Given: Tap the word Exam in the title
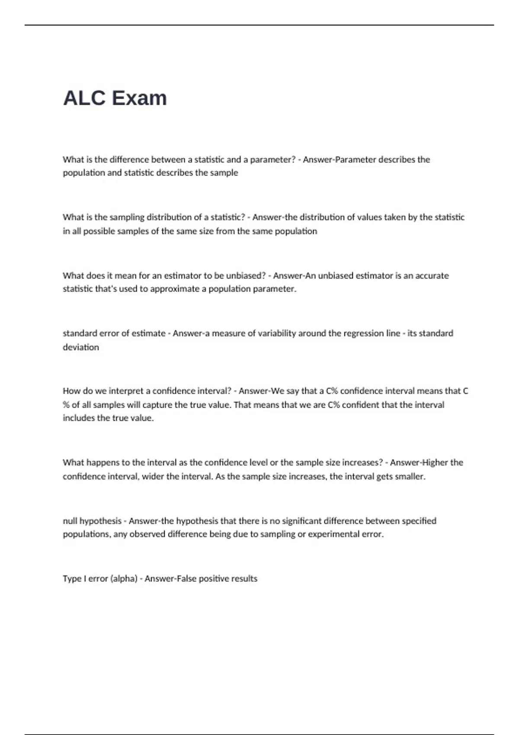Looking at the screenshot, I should [x=139, y=98].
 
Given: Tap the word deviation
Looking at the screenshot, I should [x=81, y=347].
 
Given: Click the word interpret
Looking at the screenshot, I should [x=126, y=391].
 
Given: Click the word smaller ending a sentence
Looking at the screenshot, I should [x=410, y=476].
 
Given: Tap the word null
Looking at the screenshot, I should [x=70, y=521].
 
